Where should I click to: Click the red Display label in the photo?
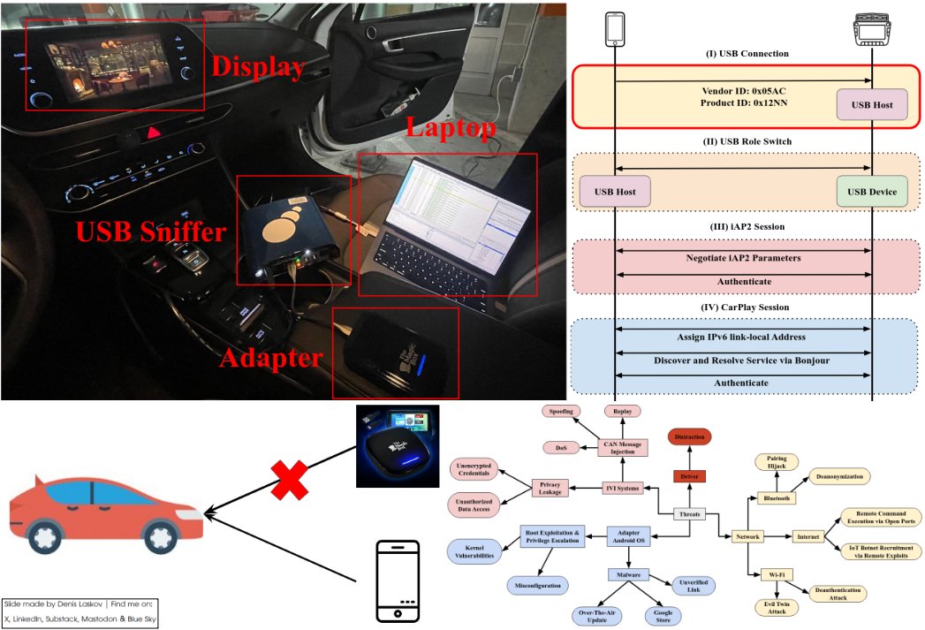(258, 66)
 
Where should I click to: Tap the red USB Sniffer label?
(151, 233)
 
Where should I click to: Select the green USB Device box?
(872, 192)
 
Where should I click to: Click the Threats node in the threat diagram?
(689, 514)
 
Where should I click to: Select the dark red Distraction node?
(689, 437)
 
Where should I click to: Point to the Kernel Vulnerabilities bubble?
(474, 551)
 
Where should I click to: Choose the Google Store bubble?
(662, 616)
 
